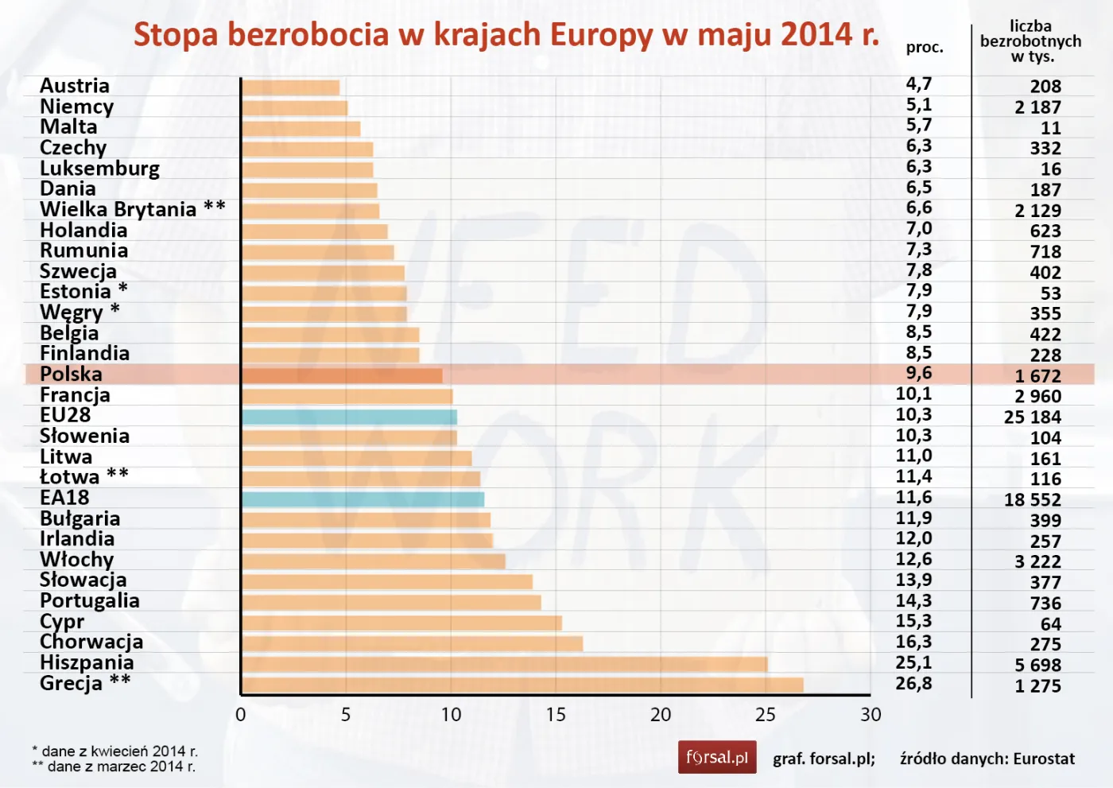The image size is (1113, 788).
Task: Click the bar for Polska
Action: click(x=342, y=375)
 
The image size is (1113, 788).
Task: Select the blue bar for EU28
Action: click(x=349, y=417)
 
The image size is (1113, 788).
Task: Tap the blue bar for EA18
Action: click(x=363, y=499)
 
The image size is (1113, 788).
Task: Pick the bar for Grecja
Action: click(x=522, y=685)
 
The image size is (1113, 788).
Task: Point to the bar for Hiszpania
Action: click(x=504, y=664)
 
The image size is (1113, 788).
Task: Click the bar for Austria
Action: click(x=290, y=87)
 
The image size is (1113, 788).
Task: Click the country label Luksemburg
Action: click(x=99, y=168)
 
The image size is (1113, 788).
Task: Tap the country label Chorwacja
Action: click(x=91, y=642)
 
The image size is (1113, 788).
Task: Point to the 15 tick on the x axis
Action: click(x=556, y=715)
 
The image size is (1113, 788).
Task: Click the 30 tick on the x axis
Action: click(x=871, y=715)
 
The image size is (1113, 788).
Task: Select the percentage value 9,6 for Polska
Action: click(x=918, y=373)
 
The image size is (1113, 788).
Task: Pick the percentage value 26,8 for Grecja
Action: click(x=913, y=683)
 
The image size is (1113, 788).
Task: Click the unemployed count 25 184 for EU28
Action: click(x=1032, y=417)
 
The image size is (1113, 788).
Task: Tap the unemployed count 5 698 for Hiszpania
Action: click(x=1037, y=665)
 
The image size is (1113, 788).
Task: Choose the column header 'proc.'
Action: click(x=925, y=48)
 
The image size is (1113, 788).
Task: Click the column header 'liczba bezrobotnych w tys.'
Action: click(x=1030, y=41)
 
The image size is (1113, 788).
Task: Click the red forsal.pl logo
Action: click(x=716, y=757)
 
